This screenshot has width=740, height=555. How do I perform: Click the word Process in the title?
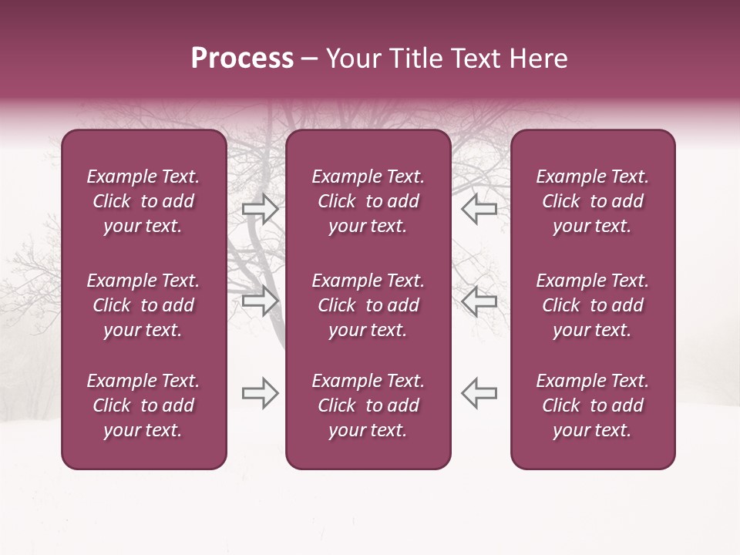pos(242,59)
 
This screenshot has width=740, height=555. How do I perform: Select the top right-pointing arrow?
pos(261,209)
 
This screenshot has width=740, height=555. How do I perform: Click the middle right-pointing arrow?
pos(261,301)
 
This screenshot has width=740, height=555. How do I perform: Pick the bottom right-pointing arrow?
pos(261,393)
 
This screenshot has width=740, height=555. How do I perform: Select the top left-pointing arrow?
pos(479,209)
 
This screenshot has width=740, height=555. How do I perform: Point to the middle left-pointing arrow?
pos(479,301)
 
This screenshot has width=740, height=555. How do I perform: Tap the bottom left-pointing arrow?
pos(479,393)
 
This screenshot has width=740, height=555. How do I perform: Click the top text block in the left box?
pos(143,201)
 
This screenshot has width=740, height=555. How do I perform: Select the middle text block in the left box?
pos(143,305)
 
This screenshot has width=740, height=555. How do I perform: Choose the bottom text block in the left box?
pos(143,405)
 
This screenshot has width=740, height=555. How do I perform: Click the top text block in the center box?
pos(368,201)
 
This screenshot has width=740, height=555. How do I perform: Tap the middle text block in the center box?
pos(368,305)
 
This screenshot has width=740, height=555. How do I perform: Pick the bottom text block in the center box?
pos(368,405)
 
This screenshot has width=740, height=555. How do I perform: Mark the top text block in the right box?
pos(592,201)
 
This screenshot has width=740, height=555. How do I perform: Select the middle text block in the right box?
pos(592,305)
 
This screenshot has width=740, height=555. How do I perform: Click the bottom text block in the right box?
pos(592,405)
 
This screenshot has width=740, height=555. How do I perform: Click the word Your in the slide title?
pos(351,59)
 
